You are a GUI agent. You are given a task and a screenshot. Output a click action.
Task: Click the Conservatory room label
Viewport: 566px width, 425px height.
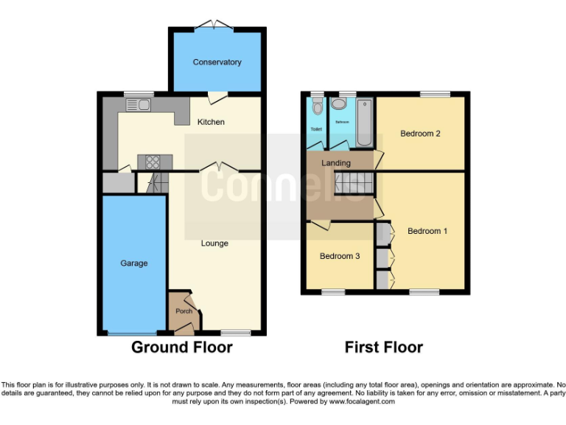tap(217, 62)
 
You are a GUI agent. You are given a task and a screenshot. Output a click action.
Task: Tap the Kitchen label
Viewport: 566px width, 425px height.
tap(210, 122)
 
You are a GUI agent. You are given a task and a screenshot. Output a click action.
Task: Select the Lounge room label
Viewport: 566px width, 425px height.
tap(214, 243)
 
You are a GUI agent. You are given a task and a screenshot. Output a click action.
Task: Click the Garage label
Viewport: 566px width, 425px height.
tap(134, 263)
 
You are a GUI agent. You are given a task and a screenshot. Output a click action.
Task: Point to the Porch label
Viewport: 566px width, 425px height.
tap(184, 311)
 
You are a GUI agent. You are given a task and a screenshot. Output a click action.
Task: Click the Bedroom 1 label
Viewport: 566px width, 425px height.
tap(427, 231)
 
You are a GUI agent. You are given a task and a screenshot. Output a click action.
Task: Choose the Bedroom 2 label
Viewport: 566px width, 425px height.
tap(420, 134)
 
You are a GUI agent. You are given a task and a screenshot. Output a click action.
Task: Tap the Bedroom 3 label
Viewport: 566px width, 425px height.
tap(339, 256)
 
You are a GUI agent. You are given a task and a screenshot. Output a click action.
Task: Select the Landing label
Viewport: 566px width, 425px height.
tap(336, 162)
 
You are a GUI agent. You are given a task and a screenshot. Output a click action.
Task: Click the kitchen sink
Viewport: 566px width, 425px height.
tap(139, 106)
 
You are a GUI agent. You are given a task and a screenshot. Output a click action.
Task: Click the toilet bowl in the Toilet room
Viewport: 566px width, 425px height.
tap(317, 108)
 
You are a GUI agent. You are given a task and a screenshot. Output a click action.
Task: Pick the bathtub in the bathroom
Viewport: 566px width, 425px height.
tap(365, 120)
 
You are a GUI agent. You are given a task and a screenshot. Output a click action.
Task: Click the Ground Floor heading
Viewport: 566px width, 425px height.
tap(181, 347)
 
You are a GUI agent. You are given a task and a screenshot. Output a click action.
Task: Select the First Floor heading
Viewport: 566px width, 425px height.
tap(384, 347)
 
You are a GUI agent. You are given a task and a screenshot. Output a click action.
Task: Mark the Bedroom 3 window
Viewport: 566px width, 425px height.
tap(333, 292)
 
